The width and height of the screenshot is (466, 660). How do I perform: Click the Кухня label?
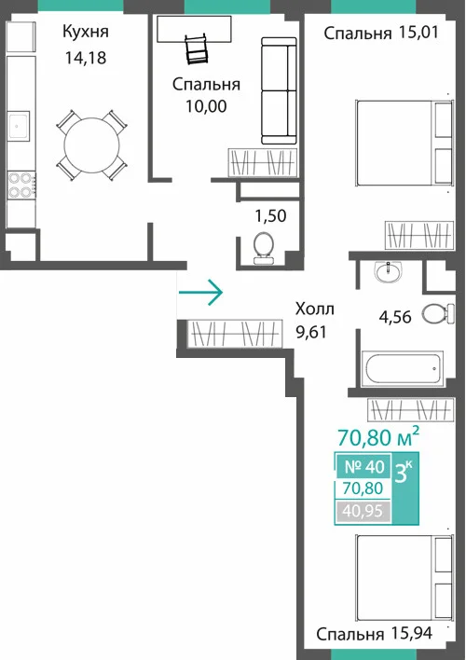coord(86,32)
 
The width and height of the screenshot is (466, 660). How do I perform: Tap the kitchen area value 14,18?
coord(86,58)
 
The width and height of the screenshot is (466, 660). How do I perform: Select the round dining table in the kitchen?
coord(91,145)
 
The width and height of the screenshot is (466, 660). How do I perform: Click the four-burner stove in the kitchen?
coord(21,186)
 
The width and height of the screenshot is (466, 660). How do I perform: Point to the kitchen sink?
coord(19,126)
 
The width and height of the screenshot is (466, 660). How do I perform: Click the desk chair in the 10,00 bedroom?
coord(197,49)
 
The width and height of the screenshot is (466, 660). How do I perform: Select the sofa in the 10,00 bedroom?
coord(279,91)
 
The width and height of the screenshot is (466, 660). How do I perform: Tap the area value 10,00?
coord(206,106)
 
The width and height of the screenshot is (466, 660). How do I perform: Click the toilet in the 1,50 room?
coord(264,248)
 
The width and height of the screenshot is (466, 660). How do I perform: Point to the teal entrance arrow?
coord(200,292)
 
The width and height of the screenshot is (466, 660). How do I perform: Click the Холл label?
coord(315,309)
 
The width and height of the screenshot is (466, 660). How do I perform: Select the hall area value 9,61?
coord(311,333)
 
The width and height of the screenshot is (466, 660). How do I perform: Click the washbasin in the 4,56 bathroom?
coord(389,272)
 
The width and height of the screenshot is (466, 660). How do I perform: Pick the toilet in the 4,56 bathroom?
coord(438,314)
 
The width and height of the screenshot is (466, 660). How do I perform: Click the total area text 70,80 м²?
coord(378,437)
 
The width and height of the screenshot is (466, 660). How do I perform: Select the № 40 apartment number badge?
coord(364,466)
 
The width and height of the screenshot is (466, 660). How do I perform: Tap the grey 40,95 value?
coord(363,511)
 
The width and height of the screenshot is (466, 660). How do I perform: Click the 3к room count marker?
coord(404,473)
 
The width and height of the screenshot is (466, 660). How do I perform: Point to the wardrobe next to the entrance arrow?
coord(235,334)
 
